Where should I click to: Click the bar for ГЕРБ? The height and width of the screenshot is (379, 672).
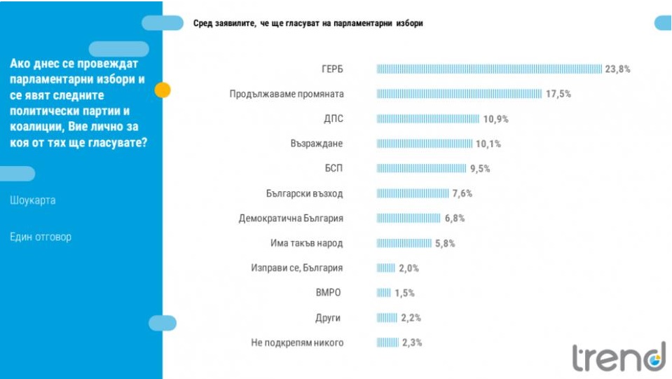tap(489, 69)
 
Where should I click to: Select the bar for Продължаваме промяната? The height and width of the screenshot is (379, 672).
tap(459, 94)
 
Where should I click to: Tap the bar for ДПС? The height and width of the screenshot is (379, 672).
tap(427, 119)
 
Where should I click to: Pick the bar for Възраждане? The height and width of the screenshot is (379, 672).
tap(424, 144)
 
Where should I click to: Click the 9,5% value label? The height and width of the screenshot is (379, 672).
tap(480, 169)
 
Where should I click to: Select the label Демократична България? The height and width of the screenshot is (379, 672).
tap(291, 219)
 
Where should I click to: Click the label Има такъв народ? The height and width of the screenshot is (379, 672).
tap(308, 243)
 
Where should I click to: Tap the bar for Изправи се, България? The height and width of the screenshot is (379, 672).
tap(386, 268)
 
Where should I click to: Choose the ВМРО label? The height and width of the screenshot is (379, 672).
tap(329, 293)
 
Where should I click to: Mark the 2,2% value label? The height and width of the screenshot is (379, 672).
tap(411, 318)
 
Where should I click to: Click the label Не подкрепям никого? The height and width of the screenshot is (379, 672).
tap(296, 343)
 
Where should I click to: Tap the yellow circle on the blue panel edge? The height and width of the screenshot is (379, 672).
tap(163, 90)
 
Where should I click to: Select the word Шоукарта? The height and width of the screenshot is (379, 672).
tap(33, 200)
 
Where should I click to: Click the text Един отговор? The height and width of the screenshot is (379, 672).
tap(41, 237)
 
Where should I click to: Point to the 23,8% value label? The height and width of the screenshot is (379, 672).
tap(618, 69)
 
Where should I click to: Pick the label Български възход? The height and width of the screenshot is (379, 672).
tap(305, 193)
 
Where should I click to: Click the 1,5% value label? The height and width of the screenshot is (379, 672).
tap(405, 293)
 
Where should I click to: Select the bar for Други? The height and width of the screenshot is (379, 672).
tap(387, 318)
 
